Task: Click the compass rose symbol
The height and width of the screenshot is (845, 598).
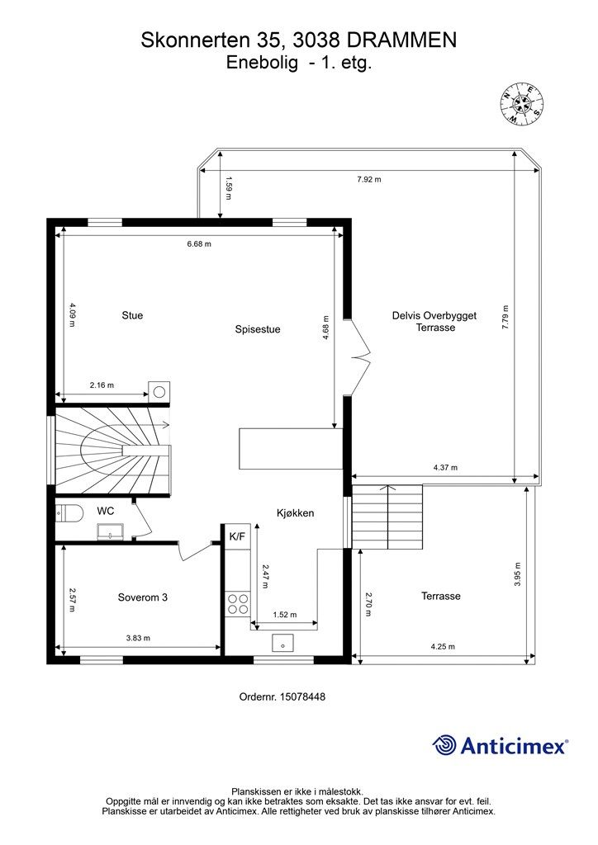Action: click(x=522, y=104)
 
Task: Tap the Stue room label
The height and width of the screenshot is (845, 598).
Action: click(x=132, y=315)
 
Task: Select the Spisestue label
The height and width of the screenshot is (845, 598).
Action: click(x=258, y=329)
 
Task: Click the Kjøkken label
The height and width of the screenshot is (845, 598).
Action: click(x=296, y=512)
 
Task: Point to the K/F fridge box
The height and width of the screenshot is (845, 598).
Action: click(x=237, y=536)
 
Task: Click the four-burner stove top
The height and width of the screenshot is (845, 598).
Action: click(x=238, y=605)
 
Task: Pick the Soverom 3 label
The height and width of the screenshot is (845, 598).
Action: click(x=143, y=597)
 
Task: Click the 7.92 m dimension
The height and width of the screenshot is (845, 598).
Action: click(x=368, y=179)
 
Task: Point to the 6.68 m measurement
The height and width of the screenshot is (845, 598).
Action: click(x=199, y=244)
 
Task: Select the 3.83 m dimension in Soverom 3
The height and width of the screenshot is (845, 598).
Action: click(x=138, y=638)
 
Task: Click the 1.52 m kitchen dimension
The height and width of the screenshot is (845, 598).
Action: click(x=284, y=614)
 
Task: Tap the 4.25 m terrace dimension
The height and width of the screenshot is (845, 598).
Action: click(x=443, y=647)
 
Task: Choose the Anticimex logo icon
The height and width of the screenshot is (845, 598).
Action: click(x=444, y=744)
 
